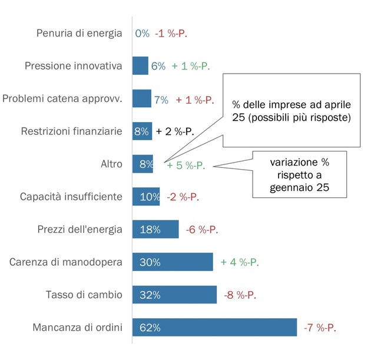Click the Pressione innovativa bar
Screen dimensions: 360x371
[140, 66]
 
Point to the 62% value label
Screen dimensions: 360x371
[150, 326]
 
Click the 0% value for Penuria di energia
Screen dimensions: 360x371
[142, 34]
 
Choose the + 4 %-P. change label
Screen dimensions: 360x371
[240, 262]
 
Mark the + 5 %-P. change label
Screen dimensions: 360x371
[185, 165]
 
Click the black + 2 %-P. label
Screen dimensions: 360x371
[175, 131]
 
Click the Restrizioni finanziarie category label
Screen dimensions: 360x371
[72, 131]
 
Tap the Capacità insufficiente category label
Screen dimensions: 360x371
[71, 196]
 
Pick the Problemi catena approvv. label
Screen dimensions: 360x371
[62, 99]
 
